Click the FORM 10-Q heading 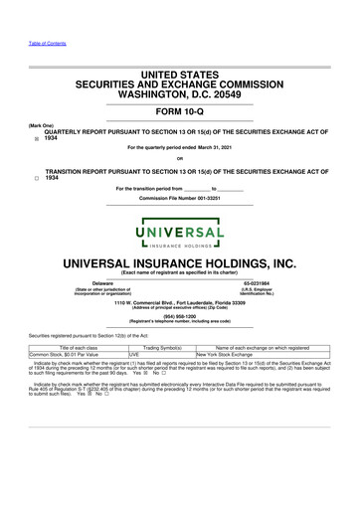pyautogui.click(x=179, y=111)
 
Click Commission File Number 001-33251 pyautogui.click(x=179, y=199)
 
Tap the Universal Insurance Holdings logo pyautogui.click(x=179, y=224)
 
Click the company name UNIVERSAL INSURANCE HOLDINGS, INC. pyautogui.click(x=179, y=263)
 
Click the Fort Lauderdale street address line pyautogui.click(x=179, y=301)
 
